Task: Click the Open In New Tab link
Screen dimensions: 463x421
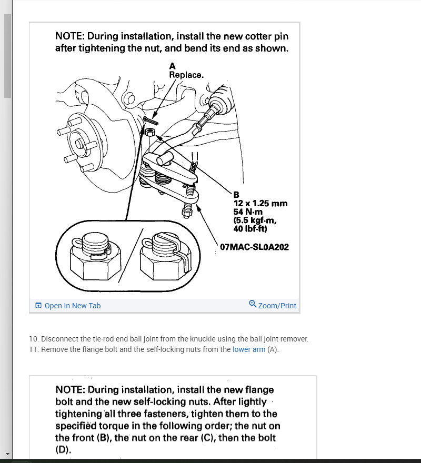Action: click(73, 306)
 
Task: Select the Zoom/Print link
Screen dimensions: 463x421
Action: click(277, 306)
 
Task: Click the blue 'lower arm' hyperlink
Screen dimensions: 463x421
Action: click(249, 349)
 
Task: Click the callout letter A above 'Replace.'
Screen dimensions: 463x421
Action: click(172, 66)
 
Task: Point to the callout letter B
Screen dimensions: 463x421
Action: click(236, 195)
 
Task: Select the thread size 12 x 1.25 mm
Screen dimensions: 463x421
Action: click(260, 203)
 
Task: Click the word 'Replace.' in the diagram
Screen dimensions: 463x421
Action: click(186, 75)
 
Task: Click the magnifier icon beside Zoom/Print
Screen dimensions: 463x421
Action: click(253, 304)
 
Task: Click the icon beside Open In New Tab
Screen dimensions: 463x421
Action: click(38, 306)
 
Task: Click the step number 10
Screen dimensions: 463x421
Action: click(33, 339)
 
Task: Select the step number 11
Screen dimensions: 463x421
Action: click(33, 349)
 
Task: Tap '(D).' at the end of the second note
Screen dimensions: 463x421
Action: click(63, 450)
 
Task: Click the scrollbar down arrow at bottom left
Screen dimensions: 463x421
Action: click(7, 453)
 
